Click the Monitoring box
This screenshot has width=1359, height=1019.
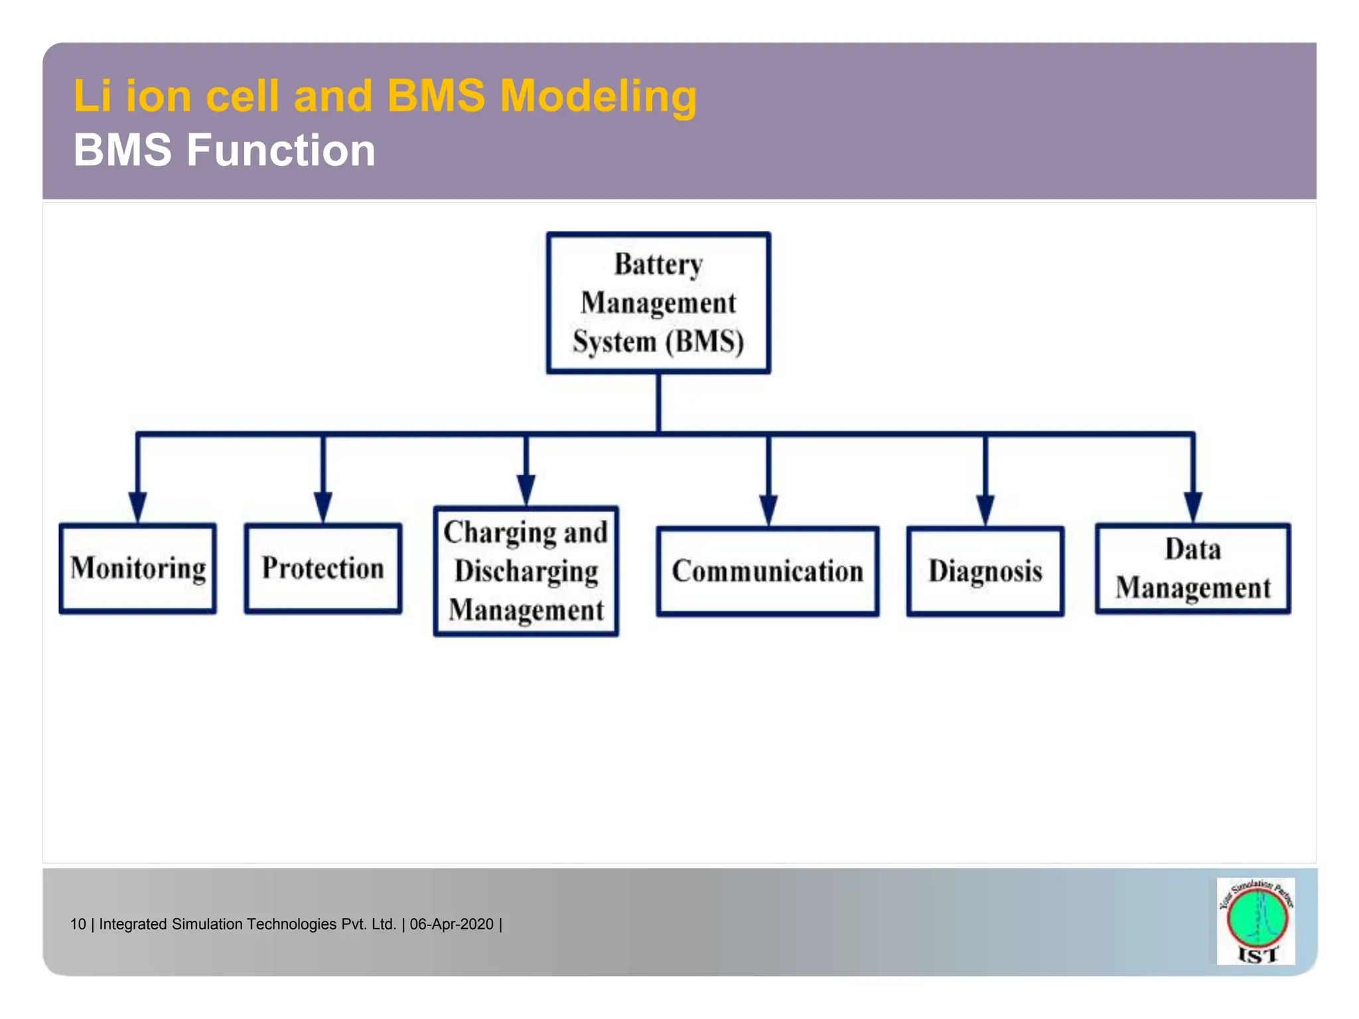click(x=137, y=569)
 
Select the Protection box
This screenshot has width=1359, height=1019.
click(x=322, y=569)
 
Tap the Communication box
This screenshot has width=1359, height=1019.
click(x=768, y=571)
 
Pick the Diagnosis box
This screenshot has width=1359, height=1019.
click(x=985, y=571)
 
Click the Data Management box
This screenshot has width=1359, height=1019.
click(x=1192, y=569)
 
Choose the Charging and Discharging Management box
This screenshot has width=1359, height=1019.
click(x=526, y=571)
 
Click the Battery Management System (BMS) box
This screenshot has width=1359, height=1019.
click(x=658, y=303)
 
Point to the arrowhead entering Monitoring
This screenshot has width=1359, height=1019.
click(x=137, y=508)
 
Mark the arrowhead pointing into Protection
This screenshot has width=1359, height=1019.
click(x=322, y=508)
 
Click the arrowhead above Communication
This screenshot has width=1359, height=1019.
click(x=768, y=510)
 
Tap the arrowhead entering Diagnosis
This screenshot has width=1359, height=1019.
click(x=985, y=510)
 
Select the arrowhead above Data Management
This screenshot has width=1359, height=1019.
click(x=1192, y=508)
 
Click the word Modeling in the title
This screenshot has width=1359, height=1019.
click(x=598, y=97)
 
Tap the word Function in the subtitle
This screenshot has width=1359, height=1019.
click(x=281, y=150)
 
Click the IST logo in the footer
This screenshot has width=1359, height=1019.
click(x=1255, y=921)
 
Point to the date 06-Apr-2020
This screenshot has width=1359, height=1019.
click(x=452, y=924)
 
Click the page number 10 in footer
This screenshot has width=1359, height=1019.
click(x=78, y=924)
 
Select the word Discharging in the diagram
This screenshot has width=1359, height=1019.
click(x=526, y=571)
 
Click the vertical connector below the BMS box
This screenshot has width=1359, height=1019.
click(x=658, y=403)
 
